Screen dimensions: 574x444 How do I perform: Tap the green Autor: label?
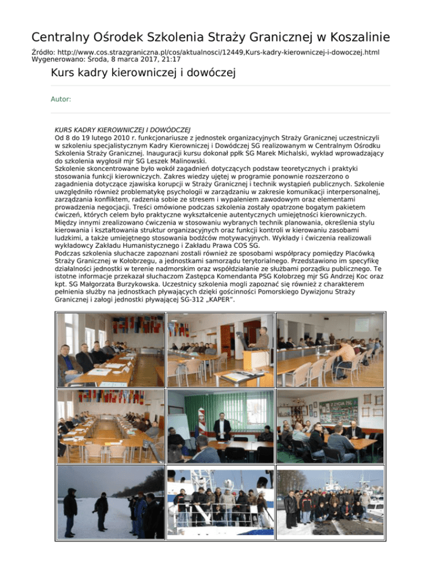tap(61, 99)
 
